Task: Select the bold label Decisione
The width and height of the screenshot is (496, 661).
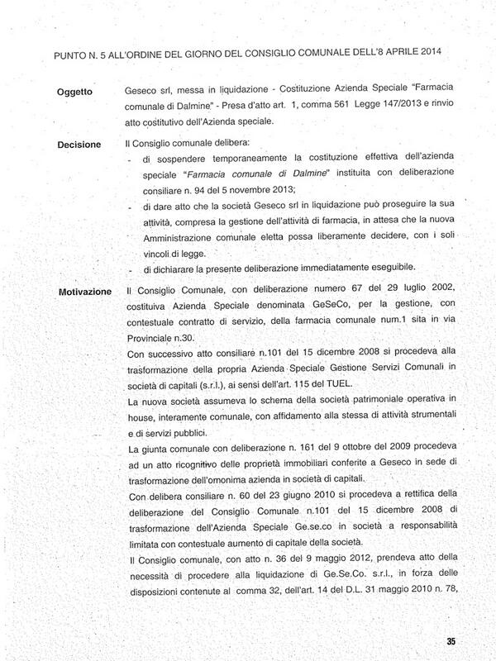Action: tap(80, 143)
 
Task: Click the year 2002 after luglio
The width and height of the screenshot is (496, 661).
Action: tap(428, 292)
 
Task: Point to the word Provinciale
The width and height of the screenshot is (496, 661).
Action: tap(151, 338)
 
